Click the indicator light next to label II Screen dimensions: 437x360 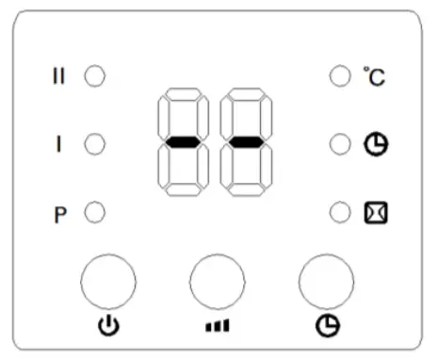click(95, 75)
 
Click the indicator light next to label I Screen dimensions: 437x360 click(95, 144)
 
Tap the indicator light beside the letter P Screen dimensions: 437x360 click(95, 213)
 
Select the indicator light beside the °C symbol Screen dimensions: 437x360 click(339, 75)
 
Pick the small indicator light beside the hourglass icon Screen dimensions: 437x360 click(339, 213)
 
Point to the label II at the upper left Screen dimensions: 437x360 click(58, 75)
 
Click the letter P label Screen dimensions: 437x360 click(58, 214)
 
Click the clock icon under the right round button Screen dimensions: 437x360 click(326, 327)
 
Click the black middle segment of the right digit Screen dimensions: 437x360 click(246, 142)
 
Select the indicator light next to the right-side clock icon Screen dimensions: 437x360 click(339, 144)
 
